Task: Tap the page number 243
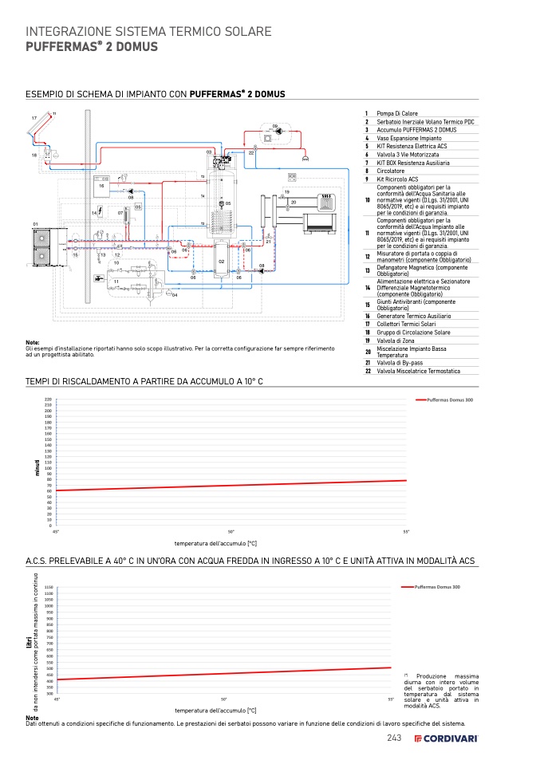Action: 393,738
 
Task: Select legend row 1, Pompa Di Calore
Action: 396,113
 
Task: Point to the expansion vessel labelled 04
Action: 167,293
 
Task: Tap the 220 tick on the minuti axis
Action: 48,399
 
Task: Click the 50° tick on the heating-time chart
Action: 231,531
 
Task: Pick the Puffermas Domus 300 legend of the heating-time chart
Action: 448,399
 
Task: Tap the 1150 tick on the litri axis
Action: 49,587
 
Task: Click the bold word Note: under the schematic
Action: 34,342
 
